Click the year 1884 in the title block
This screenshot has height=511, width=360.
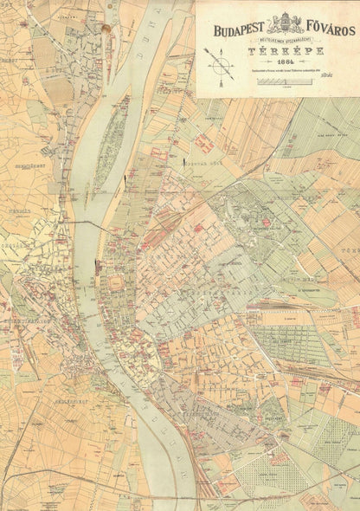click(277, 63)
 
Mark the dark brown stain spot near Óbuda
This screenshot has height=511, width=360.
click(106, 29)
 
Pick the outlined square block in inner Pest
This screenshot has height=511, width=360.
click(115, 285)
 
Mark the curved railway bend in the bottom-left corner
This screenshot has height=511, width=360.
click(12, 481)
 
